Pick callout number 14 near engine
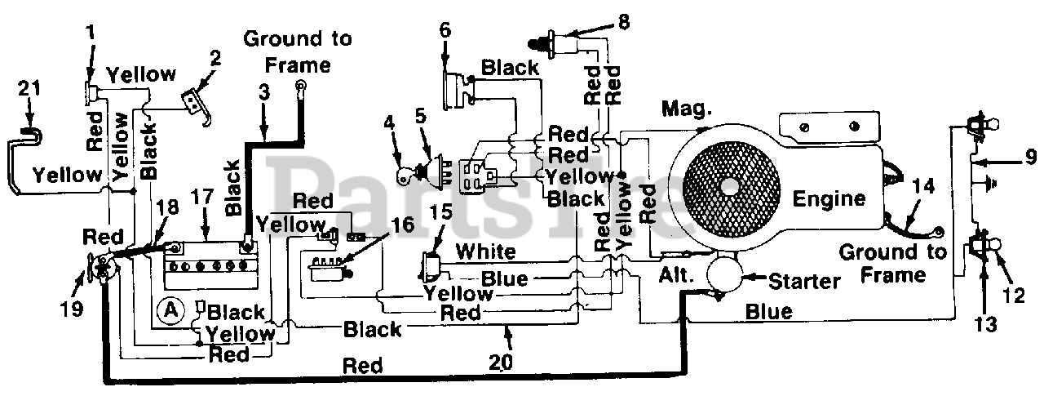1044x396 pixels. (918, 185)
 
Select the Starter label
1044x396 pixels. (803, 282)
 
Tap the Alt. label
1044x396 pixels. (677, 276)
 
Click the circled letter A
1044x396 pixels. (170, 309)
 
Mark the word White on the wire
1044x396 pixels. (485, 251)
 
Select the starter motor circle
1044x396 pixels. (723, 272)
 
